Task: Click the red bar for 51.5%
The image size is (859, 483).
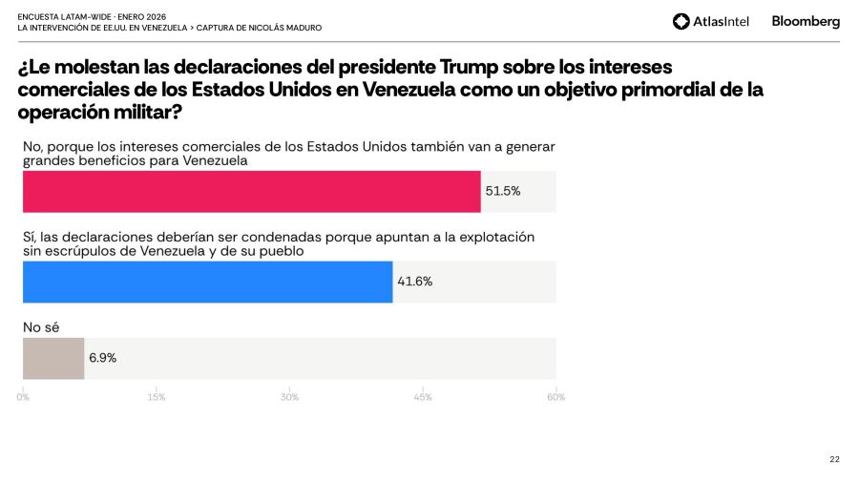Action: coord(251,191)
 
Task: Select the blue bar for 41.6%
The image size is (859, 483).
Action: coord(207,282)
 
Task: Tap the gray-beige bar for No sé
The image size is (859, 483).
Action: coord(53,358)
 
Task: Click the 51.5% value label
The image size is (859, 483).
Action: coord(503,191)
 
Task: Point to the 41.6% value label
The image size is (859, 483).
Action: coord(415,282)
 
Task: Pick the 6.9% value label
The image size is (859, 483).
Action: coord(103,358)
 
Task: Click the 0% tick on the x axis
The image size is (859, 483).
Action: coord(23,397)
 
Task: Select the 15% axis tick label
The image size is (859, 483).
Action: coord(157,397)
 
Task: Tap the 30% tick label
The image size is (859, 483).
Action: coord(289,397)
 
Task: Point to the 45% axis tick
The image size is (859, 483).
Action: coord(423,397)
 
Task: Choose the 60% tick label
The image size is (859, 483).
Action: coord(555,397)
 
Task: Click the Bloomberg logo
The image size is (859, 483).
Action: coord(806,21)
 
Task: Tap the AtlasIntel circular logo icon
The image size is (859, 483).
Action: coord(681,21)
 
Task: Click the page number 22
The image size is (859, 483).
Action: coord(834,459)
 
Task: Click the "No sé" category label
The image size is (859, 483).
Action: coord(41,326)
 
